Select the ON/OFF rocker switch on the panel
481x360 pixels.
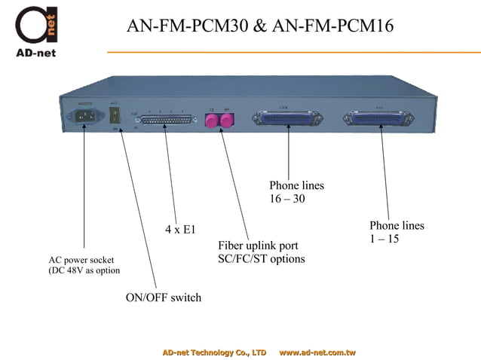pos(115,117)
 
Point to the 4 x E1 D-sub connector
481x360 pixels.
pos(167,121)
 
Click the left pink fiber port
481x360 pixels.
pos(212,120)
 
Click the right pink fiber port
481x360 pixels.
pos(225,120)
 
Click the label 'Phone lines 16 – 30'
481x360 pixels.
pos(296,192)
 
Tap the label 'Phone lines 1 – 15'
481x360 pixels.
pos(396,232)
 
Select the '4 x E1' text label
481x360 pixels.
pos(180,229)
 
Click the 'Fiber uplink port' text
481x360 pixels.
pos(258,246)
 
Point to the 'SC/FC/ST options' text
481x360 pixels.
pos(261,259)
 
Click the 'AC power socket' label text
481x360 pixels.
pos(81,260)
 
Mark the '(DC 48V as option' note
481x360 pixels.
pos(84,270)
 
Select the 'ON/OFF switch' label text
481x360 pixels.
pos(163,297)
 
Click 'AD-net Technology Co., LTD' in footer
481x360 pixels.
pos(215,352)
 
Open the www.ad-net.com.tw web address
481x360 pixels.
pos(317,352)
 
